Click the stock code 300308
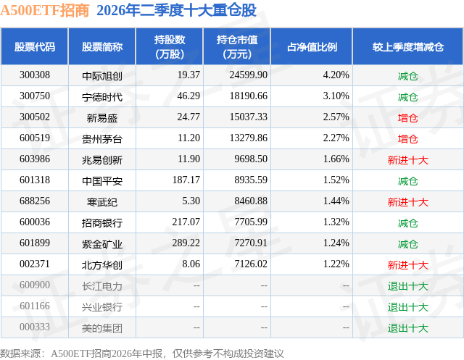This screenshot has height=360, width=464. coord(35,75)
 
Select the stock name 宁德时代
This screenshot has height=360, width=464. coord(102,96)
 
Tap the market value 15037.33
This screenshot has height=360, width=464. coord(249,117)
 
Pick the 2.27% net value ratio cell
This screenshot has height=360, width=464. coord(336,138)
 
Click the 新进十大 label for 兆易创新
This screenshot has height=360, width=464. coord(407,160)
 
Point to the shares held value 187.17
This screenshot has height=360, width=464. coord(186,180)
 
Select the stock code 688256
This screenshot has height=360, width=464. coord(35,201)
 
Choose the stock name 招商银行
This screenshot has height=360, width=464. coord(102,223)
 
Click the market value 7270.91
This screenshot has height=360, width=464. coord(251,243)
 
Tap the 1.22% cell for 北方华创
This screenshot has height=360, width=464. coord(336,264)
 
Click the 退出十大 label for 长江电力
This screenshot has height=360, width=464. coord(407,286)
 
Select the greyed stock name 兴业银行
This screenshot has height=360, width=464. coord(102,307)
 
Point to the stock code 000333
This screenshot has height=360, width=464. coord(35,327)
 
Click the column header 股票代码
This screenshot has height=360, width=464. coord(35,46)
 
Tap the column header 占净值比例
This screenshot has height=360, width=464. coord(312,46)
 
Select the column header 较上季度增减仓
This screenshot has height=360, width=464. coord(408,46)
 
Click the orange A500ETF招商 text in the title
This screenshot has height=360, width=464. coord(45,11)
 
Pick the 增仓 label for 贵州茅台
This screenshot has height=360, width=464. coord(407,139)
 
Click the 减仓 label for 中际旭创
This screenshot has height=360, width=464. coord(407,76)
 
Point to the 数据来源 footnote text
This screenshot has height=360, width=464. coord(142,353)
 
